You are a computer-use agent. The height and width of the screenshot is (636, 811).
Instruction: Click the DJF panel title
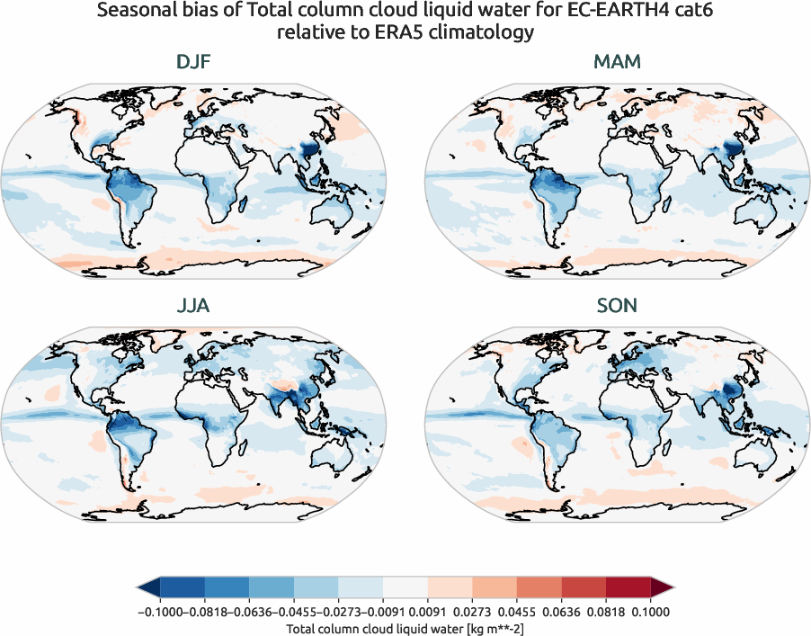pyautogui.click(x=194, y=63)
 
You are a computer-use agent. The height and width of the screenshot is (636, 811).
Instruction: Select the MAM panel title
pyautogui.click(x=618, y=63)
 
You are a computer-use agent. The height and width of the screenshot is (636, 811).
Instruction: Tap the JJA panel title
pyautogui.click(x=194, y=306)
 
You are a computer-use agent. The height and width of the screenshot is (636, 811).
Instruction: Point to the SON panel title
pyautogui.click(x=618, y=306)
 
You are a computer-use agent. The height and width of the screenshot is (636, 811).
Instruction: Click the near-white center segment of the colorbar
pyautogui.click(x=405, y=588)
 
